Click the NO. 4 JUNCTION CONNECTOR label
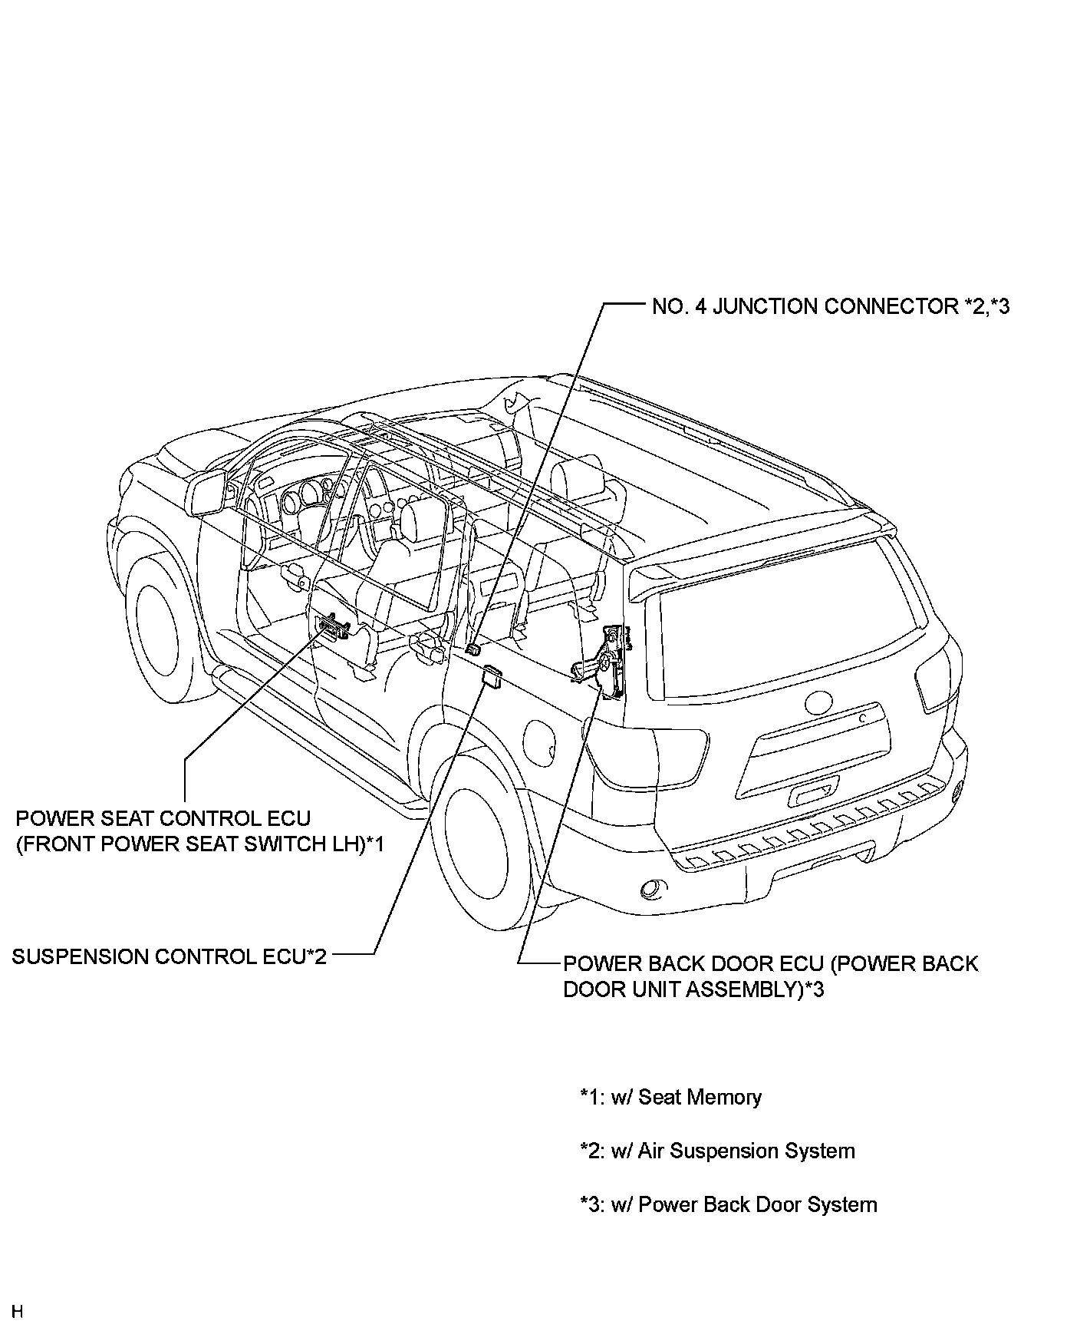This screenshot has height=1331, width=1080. [x=830, y=307]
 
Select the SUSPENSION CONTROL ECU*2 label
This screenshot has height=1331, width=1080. [x=170, y=956]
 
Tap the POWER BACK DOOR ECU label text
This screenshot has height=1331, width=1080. [x=770, y=976]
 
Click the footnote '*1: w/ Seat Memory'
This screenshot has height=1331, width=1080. [x=671, y=1097]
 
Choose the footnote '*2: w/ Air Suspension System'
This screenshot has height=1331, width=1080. [x=717, y=1151]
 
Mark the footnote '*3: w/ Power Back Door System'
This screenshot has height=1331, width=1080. [x=729, y=1204]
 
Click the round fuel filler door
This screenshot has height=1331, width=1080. [x=541, y=740]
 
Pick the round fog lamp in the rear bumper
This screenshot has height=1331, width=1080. [x=654, y=889]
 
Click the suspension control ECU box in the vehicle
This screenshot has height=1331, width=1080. [x=491, y=675]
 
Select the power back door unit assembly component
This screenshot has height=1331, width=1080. [x=610, y=660]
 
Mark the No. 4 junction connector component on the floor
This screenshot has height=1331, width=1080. [x=473, y=649]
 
